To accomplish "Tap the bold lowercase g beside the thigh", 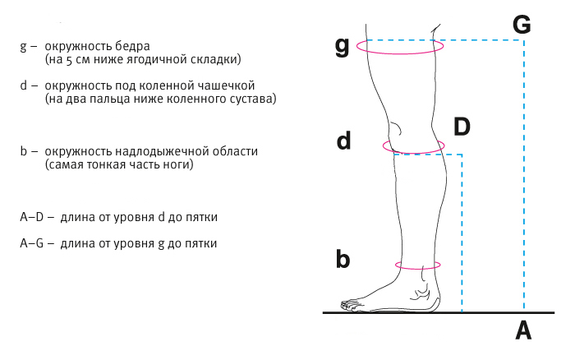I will coord(343,46).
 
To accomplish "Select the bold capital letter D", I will coord(462,127).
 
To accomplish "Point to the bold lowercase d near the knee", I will coord(343,141).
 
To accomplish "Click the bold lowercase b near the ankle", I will coord(343,261).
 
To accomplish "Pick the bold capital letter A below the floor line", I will coord(523,331).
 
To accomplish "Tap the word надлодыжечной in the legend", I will coord(154,151).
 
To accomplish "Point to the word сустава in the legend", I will coord(253,99).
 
